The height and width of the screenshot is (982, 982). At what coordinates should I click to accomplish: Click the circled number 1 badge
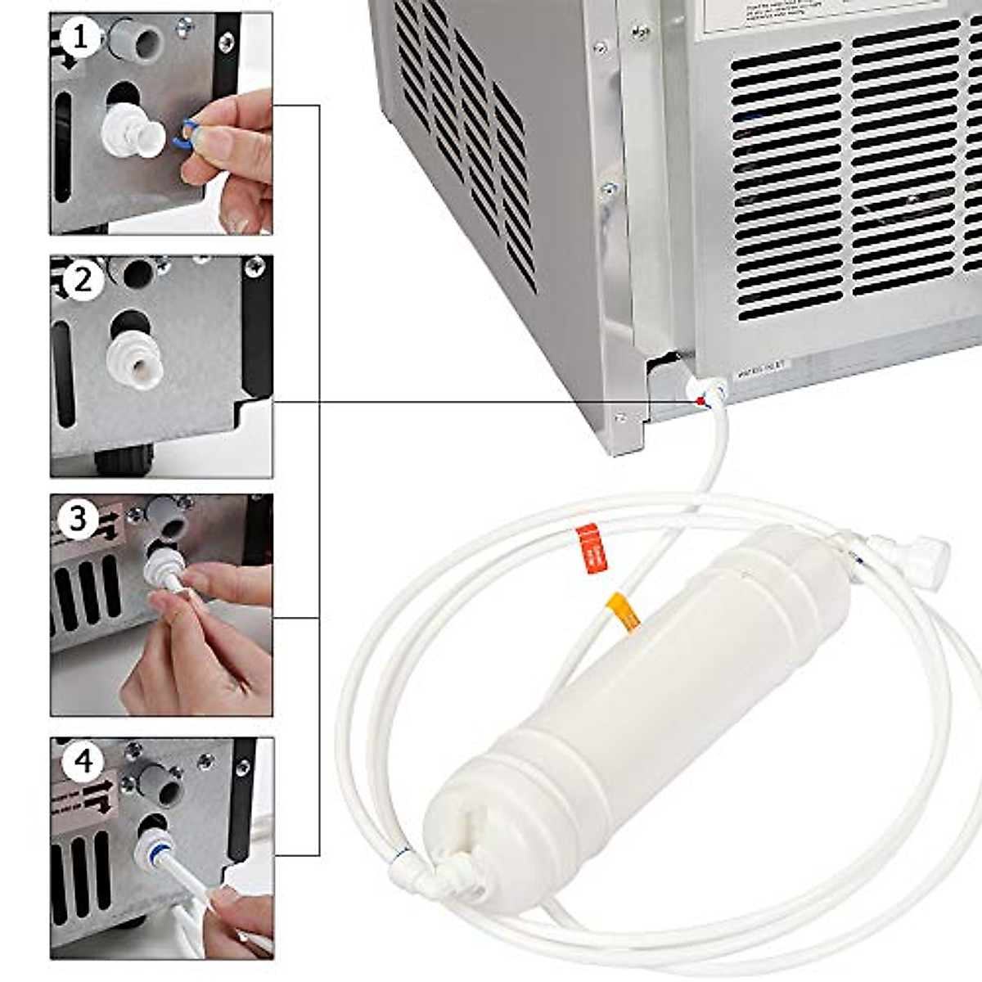[x=79, y=36]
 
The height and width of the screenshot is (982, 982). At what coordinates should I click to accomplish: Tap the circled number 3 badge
[x=79, y=519]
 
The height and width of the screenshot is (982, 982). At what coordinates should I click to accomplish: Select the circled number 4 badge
[x=84, y=762]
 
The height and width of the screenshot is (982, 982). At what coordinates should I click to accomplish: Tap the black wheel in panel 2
[x=124, y=460]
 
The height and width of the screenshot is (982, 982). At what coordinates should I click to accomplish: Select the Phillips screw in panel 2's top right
[x=256, y=265]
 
